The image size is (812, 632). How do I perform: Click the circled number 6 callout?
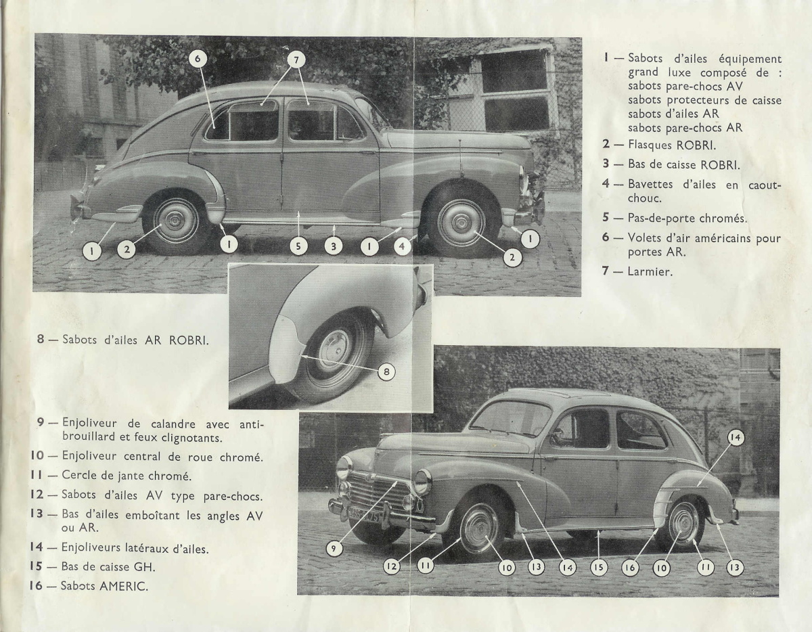pyautogui.click(x=198, y=59)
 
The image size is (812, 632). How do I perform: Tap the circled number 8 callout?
pyautogui.click(x=386, y=371)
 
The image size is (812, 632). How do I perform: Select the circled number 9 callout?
pyautogui.click(x=334, y=549)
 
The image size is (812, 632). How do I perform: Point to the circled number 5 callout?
pyautogui.click(x=298, y=247)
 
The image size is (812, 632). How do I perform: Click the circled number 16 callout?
pyautogui.click(x=631, y=568)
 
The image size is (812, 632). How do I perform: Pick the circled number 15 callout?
pyautogui.click(x=599, y=568)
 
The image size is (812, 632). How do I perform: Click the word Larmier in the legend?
pyautogui.click(x=649, y=273)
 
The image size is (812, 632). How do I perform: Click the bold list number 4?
pyautogui.click(x=606, y=185)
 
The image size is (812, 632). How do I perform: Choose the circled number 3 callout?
pyautogui.click(x=332, y=247)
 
